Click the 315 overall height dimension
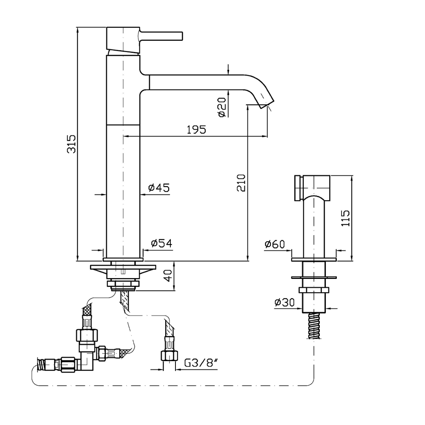pos(72,144)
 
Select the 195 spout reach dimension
pos(196,129)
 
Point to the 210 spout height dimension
pos(241,183)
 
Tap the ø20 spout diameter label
pos(222,107)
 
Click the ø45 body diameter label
pos(159,187)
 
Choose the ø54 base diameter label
pos(161,243)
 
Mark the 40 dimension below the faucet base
pos(168,276)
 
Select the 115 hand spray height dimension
pos(345,218)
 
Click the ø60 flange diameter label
pos(275,244)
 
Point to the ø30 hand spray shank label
pos(284,302)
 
